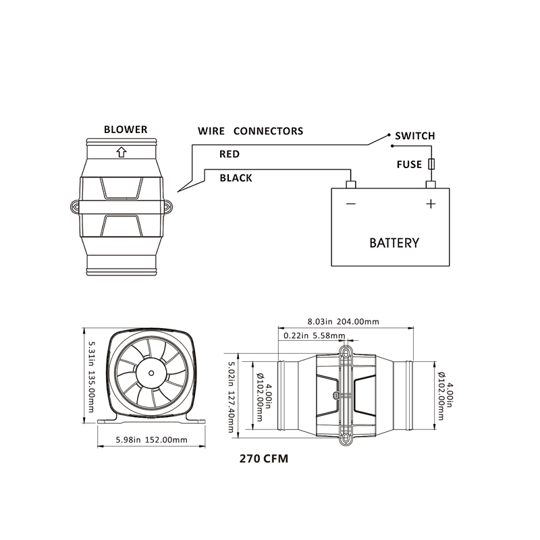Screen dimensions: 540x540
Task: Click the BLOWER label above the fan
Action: (x=125, y=130)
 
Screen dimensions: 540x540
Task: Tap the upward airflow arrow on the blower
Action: (x=121, y=152)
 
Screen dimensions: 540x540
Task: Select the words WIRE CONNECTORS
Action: (x=250, y=131)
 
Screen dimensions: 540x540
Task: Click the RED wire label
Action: (x=230, y=155)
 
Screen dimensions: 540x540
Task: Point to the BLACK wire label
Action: (x=236, y=178)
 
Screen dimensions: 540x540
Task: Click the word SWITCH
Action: (x=414, y=136)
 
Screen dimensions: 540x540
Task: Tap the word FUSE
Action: (x=409, y=164)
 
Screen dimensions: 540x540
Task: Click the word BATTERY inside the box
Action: (x=394, y=243)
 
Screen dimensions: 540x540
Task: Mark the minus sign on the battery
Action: (x=350, y=204)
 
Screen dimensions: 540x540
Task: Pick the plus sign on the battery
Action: (x=431, y=204)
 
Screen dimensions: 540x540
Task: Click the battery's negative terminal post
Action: (x=350, y=184)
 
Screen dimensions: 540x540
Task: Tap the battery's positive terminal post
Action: (x=431, y=184)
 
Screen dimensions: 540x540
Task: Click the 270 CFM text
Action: (x=264, y=460)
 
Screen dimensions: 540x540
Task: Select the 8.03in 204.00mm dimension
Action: (x=343, y=321)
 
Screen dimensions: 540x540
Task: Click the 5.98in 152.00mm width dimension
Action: (x=151, y=439)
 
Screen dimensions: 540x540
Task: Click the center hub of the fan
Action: (x=149, y=370)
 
